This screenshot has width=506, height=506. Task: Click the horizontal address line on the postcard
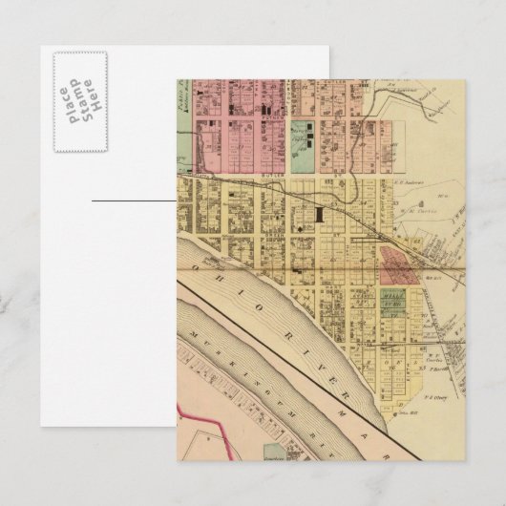pyautogui.click(x=134, y=201)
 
